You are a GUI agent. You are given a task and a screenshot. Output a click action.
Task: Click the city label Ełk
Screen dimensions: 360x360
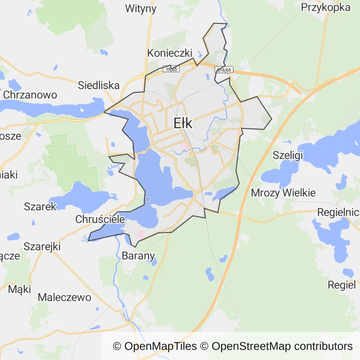point(183,123)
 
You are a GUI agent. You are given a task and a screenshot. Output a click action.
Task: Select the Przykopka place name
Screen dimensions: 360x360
point(326,7)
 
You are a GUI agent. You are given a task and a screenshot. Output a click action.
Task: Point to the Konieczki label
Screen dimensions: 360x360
point(170,53)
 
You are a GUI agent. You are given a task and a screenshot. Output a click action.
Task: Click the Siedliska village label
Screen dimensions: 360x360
point(98,85)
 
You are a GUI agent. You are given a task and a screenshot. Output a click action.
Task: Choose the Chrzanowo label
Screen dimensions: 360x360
point(30,95)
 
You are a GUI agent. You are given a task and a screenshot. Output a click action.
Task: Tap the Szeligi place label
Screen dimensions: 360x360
point(288,155)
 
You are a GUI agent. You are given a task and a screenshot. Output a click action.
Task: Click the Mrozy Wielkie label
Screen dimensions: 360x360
point(283,193)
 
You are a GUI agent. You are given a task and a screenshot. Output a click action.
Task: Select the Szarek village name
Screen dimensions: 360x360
point(40,206)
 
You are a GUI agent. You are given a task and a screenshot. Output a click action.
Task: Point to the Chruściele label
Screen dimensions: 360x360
point(100,219)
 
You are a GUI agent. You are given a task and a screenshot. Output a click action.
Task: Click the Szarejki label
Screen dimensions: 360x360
point(42,246)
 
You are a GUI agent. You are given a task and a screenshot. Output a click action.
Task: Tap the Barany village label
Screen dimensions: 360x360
point(138,255)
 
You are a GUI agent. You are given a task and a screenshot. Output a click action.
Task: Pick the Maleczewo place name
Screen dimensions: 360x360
point(64,297)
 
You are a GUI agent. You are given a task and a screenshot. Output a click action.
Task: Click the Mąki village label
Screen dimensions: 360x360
point(19,289)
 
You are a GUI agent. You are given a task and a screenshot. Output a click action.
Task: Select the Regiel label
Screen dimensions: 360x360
point(342,285)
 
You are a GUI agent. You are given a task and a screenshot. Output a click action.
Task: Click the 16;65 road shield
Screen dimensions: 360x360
point(171,69)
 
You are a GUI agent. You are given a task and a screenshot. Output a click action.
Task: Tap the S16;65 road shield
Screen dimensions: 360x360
point(224,69)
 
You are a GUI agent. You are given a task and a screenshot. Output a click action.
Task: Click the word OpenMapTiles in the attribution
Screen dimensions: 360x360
point(160,346)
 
